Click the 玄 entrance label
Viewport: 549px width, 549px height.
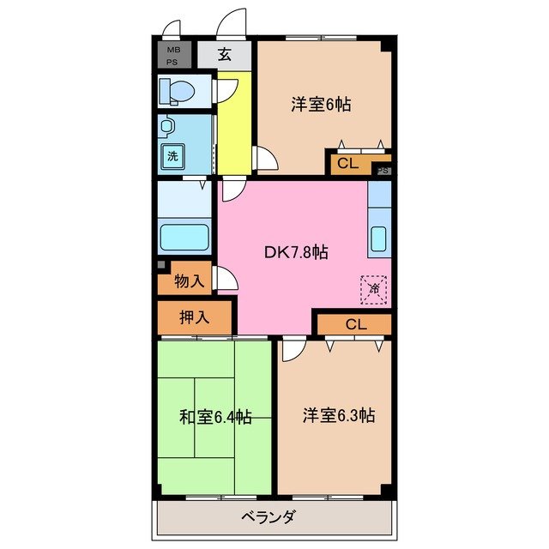click(224, 55)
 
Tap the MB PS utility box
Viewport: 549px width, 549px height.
click(172, 55)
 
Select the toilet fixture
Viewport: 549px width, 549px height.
click(180, 90)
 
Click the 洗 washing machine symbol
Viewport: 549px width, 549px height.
click(172, 156)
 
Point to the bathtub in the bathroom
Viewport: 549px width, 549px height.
click(184, 237)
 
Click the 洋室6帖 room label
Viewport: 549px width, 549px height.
click(322, 105)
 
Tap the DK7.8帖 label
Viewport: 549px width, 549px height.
click(295, 252)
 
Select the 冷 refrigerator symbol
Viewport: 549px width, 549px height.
click(373, 289)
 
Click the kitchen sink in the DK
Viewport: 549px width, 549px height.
click(378, 238)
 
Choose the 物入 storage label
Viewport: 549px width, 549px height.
click(189, 281)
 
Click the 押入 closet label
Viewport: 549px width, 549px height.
click(194, 317)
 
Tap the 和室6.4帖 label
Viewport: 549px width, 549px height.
click(214, 417)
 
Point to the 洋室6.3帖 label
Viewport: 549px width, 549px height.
click(338, 415)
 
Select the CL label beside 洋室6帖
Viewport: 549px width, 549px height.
click(347, 163)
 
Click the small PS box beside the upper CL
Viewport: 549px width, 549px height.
click(383, 170)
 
